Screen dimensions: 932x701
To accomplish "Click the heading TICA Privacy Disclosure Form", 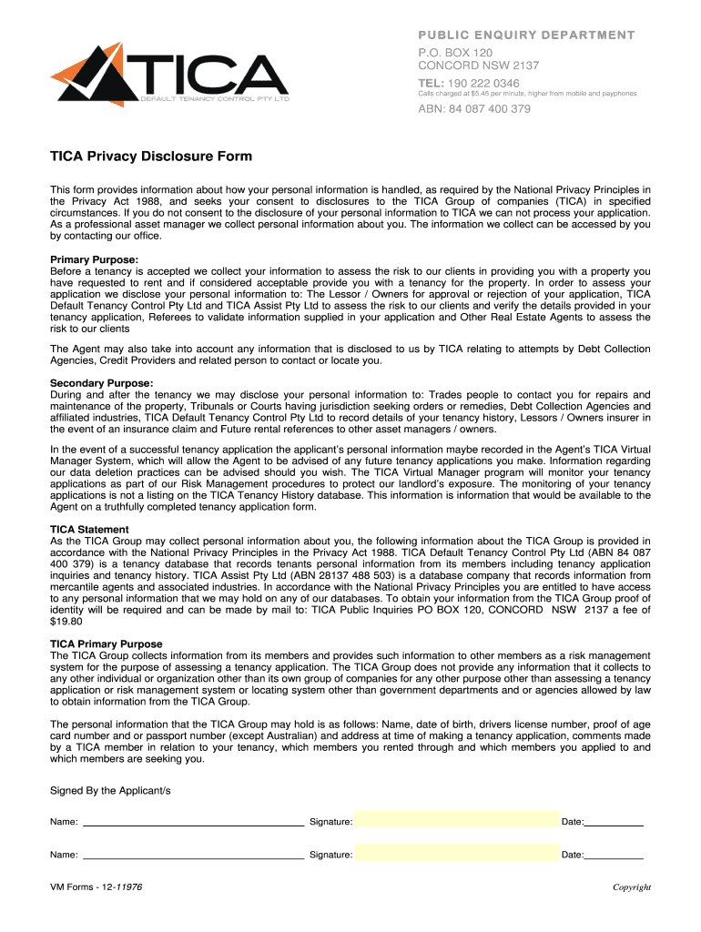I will (x=151, y=157).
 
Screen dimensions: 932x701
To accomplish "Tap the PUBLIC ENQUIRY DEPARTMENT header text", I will (x=526, y=35).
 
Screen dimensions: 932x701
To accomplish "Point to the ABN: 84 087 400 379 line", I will (x=473, y=109).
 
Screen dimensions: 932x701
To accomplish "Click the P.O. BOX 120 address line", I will (x=454, y=52).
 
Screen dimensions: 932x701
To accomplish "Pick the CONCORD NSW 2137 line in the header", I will (x=478, y=66).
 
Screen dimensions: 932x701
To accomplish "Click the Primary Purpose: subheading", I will (x=94, y=259).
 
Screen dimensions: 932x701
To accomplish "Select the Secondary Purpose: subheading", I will (x=101, y=383).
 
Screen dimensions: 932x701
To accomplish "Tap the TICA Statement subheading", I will (x=89, y=529).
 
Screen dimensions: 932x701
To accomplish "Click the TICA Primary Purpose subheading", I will (x=107, y=643).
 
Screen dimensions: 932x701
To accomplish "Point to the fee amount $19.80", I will (x=66, y=623).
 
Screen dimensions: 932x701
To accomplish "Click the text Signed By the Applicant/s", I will (x=110, y=791).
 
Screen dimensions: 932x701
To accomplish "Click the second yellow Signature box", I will (x=456, y=854).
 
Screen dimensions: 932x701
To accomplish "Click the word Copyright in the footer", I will (x=631, y=887).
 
